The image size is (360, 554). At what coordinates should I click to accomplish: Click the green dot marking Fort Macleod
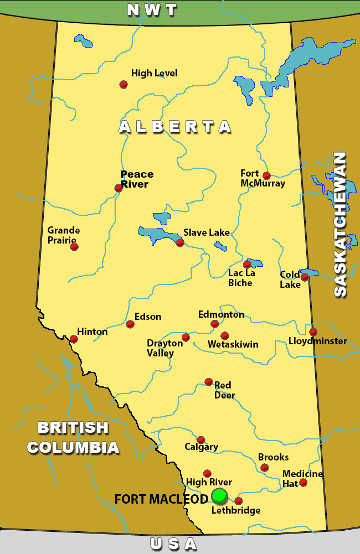coord(219,496)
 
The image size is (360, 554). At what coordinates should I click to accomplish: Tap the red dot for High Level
coord(124,84)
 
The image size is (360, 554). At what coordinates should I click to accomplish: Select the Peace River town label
coord(137,179)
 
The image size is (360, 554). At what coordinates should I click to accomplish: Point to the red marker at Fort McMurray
coord(266,175)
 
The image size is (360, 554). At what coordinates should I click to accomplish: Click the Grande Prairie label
coord(64,235)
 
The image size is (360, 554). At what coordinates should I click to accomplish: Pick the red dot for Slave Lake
coord(179,242)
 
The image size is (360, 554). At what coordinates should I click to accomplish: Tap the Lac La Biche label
coord(240,278)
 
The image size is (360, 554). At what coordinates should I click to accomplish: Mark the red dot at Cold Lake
coord(304,277)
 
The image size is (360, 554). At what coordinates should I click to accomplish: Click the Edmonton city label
coord(221,314)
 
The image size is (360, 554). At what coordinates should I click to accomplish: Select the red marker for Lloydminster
coord(313,332)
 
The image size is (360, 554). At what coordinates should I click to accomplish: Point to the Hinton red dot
coord(74,339)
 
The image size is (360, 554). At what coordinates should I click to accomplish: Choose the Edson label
coord(148,317)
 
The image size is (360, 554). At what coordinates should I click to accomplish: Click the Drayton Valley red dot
coord(186,337)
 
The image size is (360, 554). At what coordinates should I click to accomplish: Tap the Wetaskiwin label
coord(233,344)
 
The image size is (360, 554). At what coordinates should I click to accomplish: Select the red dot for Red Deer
coord(208,381)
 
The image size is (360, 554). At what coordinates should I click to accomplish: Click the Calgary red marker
coord(200,439)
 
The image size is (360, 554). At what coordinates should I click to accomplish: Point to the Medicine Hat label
coord(302,478)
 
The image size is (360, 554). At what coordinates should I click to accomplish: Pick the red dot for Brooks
coord(265,468)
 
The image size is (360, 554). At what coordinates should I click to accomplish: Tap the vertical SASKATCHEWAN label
coord(340,224)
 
